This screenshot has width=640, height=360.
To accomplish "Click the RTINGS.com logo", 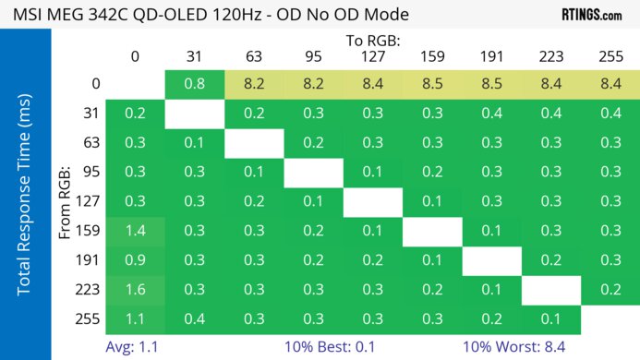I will tap(591, 15).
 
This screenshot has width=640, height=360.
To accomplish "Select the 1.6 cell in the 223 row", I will tap(135, 289).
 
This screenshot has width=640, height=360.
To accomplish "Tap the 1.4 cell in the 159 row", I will tap(135, 231).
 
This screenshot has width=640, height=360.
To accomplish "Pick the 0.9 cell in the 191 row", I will tap(135, 260).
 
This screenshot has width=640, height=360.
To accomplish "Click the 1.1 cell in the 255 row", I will tap(135, 318).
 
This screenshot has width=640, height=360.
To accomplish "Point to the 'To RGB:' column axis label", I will tap(373, 41).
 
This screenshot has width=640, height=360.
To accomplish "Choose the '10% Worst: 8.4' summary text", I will tap(515, 347).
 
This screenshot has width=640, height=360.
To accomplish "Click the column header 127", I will tap(373, 56).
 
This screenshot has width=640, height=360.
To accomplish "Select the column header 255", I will tap(610, 56).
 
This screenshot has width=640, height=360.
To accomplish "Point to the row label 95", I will tap(93, 173).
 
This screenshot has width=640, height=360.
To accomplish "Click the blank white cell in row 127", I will tap(373, 201).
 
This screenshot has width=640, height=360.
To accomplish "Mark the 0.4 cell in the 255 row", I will tap(195, 318).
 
